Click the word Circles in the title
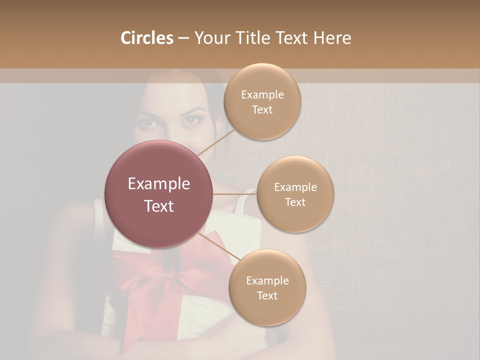point(146,38)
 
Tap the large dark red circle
point(158,194)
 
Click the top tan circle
point(262,101)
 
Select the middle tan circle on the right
point(295,194)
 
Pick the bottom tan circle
point(267,287)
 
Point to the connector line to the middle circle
point(234,194)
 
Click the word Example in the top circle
point(262,94)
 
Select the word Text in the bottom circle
point(267,295)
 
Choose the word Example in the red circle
point(158,184)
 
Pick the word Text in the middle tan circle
point(295,202)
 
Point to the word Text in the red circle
point(158,206)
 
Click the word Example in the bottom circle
point(267,280)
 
